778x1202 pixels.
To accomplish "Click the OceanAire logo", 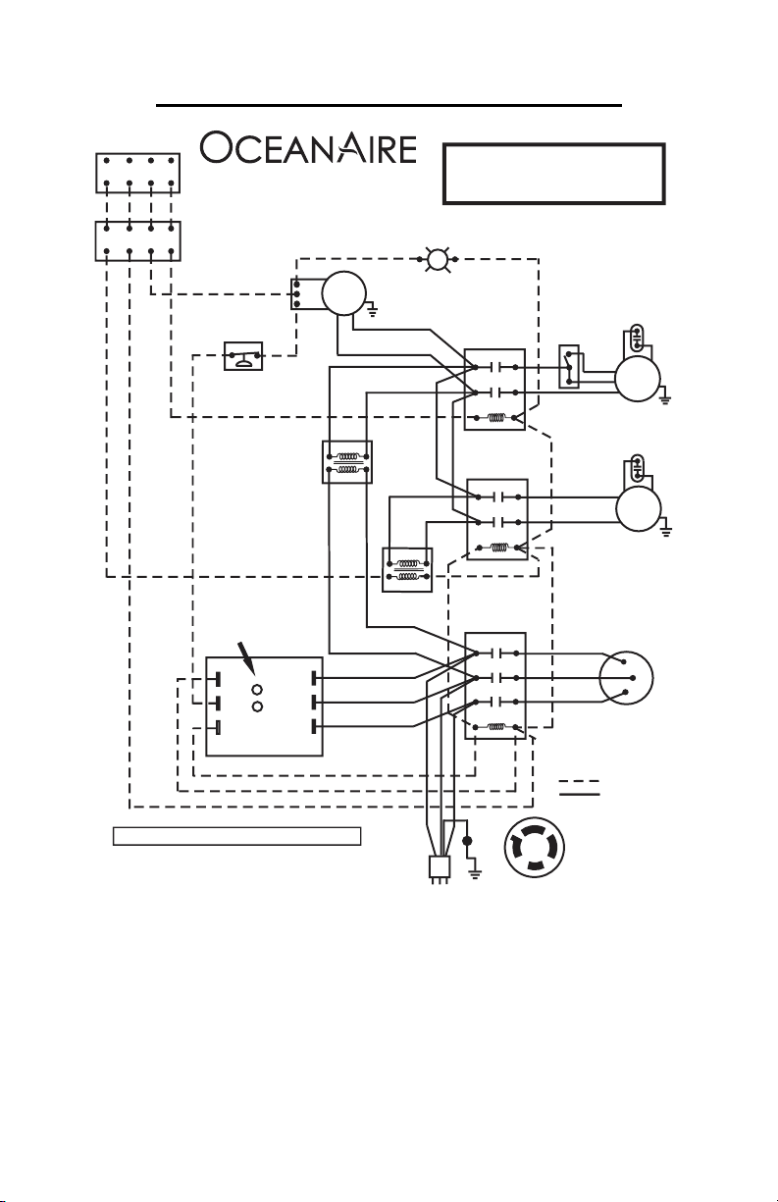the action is (x=308, y=147).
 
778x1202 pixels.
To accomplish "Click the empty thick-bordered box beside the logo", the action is (x=554, y=174).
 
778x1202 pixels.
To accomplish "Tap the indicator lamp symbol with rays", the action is (x=438, y=259).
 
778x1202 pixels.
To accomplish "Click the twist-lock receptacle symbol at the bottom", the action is (x=534, y=848).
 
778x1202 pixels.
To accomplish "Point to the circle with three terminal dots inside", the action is (x=626, y=678).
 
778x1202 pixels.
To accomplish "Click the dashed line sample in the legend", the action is (x=579, y=781).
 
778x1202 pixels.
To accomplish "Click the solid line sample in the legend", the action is (x=579, y=793).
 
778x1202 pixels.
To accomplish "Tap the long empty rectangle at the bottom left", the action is (x=236, y=836).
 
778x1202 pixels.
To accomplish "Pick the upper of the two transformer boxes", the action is (x=347, y=462).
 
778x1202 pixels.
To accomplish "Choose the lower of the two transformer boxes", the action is (x=407, y=569).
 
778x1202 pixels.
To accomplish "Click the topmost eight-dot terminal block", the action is (x=138, y=173).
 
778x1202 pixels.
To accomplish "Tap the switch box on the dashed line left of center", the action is (x=243, y=356).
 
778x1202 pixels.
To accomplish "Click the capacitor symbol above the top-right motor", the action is (x=637, y=337).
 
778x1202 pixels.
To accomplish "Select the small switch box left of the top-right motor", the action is (x=569, y=367).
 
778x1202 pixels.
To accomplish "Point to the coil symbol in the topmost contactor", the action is (x=496, y=417).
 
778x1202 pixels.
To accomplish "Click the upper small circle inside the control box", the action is (x=257, y=690).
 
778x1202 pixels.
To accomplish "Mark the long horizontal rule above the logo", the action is (x=389, y=105).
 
